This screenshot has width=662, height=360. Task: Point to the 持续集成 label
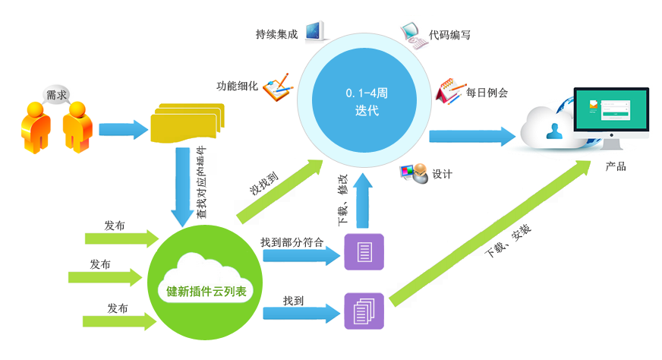(276, 35)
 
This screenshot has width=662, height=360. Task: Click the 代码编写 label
(449, 35)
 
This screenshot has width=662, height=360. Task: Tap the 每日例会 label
(487, 93)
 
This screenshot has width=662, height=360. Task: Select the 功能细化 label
(238, 85)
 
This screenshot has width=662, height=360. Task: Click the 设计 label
(442, 174)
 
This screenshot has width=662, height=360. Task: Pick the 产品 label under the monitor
(616, 167)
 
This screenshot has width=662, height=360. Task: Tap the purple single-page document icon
(364, 252)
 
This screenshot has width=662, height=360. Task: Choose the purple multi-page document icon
(364, 311)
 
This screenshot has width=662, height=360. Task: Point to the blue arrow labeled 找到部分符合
(301, 255)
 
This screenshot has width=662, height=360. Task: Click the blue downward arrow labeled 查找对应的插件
(182, 186)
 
